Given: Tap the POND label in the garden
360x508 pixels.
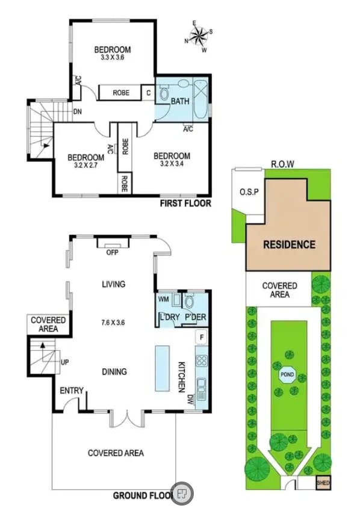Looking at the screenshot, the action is pos(287,375).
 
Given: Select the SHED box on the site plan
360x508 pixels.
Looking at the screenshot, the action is pos(323,483).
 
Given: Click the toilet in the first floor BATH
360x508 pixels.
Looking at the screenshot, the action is pos(164,92).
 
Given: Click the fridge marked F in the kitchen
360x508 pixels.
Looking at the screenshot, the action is pos(202,337).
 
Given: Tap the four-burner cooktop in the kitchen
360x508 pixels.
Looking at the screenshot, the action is pos(202,361).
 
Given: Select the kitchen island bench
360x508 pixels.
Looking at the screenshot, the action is pos(163,368).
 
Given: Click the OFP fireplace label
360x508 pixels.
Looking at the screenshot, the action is pos(113,252).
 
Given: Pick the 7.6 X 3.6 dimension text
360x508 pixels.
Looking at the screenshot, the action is pos(113,323).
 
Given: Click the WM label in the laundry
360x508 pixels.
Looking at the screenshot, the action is pos(164,299).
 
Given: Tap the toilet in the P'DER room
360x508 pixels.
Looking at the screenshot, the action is pos(188,302).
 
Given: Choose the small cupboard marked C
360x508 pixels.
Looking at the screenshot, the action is pos(149,93).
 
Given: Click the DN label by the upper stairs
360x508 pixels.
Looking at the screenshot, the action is pos(78,112).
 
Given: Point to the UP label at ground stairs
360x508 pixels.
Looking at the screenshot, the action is pos(65,362).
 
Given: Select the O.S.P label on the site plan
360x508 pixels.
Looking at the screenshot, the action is pos(249,192).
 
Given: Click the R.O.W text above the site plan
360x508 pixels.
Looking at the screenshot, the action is pos(283,164).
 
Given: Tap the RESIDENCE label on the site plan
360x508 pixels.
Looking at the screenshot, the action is pos(290,244).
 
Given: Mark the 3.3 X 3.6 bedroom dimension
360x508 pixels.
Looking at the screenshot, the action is pos(113,57).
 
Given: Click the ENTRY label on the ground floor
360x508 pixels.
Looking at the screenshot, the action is pos(72,391).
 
